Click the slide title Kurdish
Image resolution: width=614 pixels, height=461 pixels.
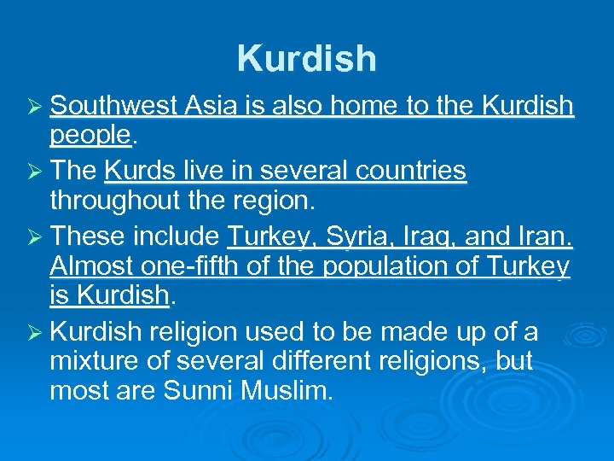point(307,59)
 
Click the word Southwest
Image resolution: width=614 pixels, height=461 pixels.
point(113,106)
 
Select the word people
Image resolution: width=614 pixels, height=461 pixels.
point(90,134)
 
